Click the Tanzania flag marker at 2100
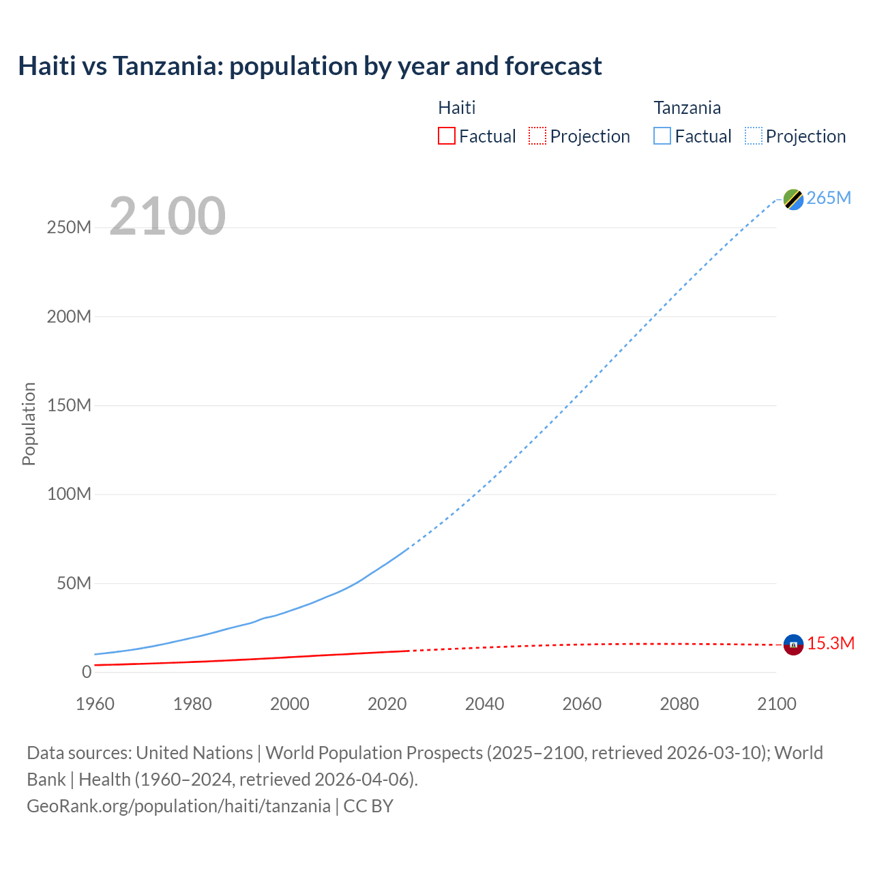[x=793, y=199]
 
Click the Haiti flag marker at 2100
[x=793, y=645]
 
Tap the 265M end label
[x=829, y=198]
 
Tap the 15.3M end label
[x=831, y=644]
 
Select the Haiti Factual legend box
[x=447, y=136]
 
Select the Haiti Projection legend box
[x=537, y=136]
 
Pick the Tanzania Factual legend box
[x=662, y=136]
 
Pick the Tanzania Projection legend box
[x=754, y=136]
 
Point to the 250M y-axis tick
[x=69, y=228]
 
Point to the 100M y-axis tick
[x=69, y=494]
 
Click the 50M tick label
[x=74, y=584]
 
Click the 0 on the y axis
[x=87, y=672]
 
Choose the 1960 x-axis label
[x=95, y=704]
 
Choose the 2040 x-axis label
[x=485, y=704]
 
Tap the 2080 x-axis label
[x=679, y=704]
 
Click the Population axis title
[x=29, y=424]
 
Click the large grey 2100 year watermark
[x=167, y=216]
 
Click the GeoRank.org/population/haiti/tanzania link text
[x=179, y=806]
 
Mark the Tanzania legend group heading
[x=687, y=108]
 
